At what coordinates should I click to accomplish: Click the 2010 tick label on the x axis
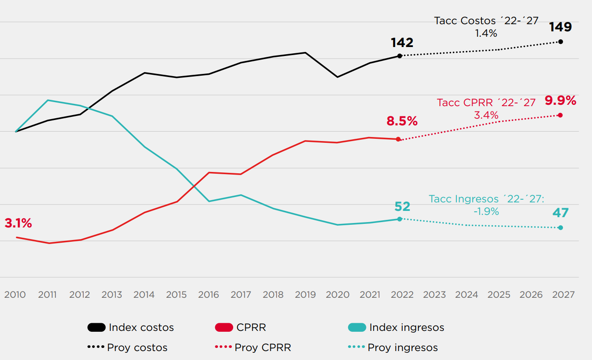(x=15, y=295)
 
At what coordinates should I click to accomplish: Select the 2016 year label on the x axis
(x=209, y=295)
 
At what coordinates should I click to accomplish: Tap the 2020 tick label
(x=337, y=295)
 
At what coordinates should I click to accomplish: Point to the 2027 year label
(x=563, y=295)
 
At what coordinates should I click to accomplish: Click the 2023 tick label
(x=434, y=295)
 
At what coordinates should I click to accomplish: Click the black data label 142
(x=402, y=43)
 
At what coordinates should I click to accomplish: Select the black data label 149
(x=561, y=27)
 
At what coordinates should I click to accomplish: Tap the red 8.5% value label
(x=402, y=121)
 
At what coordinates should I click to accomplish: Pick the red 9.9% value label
(x=560, y=101)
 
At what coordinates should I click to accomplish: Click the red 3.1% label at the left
(x=18, y=223)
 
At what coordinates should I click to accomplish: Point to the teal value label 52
(x=402, y=206)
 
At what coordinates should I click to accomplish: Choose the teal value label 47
(x=560, y=213)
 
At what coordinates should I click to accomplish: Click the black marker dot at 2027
(x=561, y=42)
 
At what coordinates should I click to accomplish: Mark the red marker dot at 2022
(x=398, y=139)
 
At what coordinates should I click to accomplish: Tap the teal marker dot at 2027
(x=561, y=227)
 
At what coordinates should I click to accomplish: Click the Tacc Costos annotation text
(x=486, y=27)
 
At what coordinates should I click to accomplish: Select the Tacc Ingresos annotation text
(x=486, y=205)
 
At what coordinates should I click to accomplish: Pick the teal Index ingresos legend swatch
(x=357, y=327)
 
